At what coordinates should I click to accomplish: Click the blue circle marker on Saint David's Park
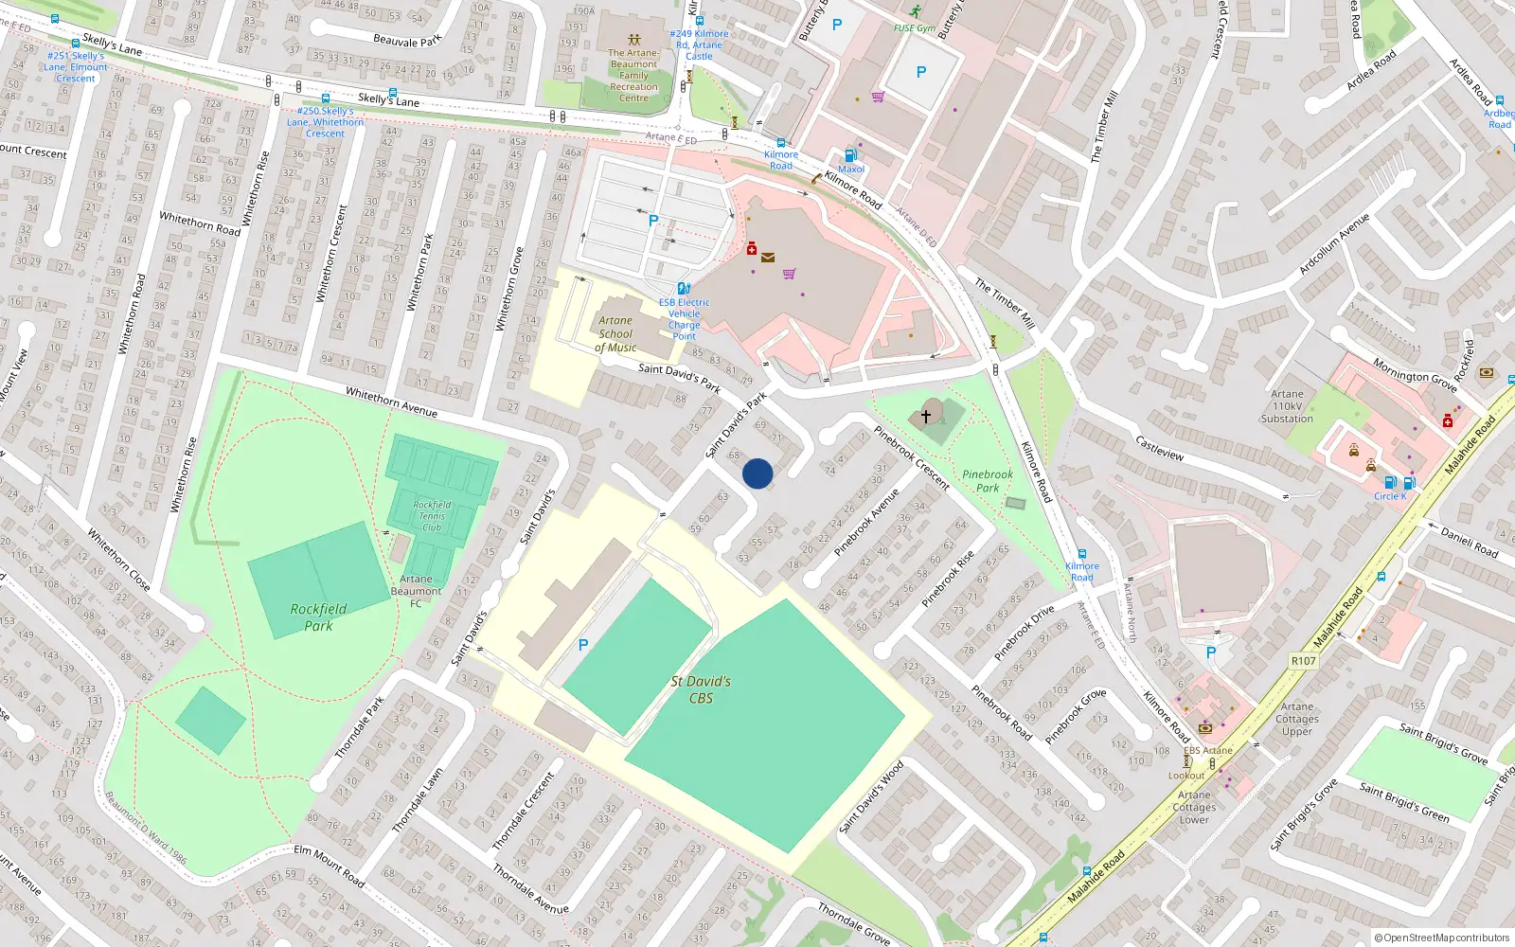point(757,473)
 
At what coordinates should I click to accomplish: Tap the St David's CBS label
point(701,689)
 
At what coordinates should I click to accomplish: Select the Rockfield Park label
point(318,616)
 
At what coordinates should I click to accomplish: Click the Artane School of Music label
point(615,334)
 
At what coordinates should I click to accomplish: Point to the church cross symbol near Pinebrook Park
point(926,415)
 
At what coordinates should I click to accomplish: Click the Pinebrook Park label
point(987,481)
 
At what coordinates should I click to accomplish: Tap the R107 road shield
point(1304,661)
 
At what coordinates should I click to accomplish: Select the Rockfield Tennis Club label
point(432,516)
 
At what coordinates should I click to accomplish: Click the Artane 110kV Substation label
point(1287,406)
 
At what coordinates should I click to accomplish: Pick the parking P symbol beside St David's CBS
point(583,645)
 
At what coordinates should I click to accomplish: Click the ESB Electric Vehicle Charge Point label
point(684,319)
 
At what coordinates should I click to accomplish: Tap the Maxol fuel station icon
point(850,155)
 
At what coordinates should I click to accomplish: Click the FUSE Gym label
point(915,27)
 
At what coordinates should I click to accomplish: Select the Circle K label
point(1390,496)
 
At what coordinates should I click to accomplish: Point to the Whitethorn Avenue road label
point(391,402)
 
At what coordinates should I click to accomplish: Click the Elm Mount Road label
point(329,866)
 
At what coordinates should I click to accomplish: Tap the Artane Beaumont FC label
point(416,591)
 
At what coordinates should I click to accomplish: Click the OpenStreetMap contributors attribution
point(1441,938)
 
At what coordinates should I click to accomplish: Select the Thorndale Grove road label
point(853,923)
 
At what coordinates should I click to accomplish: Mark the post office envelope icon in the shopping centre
point(767,258)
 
